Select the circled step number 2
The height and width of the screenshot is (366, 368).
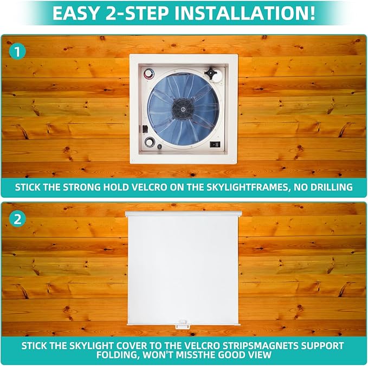tap(18, 219)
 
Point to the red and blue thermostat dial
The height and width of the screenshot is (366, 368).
tap(147, 74)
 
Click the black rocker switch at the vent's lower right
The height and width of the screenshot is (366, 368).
tap(216, 146)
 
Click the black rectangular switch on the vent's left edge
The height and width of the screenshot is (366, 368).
tap(144, 129)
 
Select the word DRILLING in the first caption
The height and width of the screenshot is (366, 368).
tap(330, 187)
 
